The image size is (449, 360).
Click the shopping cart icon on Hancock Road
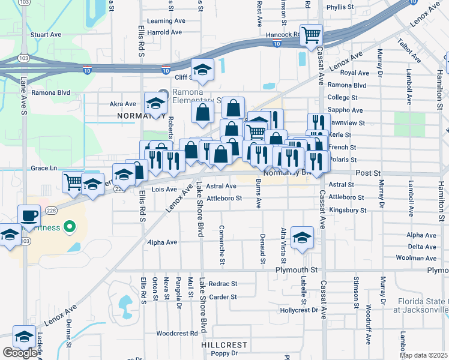click(x=311, y=35)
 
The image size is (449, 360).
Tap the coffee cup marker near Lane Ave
click(x=29, y=214)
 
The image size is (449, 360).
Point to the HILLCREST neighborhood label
click(x=224, y=345)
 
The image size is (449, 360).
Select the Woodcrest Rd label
click(x=176, y=333)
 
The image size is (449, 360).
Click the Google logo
click(x=20, y=353)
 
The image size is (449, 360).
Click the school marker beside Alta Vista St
click(x=301, y=236)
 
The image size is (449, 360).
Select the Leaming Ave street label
click(x=166, y=20)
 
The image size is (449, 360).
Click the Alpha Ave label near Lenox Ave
click(x=163, y=242)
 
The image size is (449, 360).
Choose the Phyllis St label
click(x=340, y=7)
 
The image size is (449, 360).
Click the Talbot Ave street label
click(x=409, y=51)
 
